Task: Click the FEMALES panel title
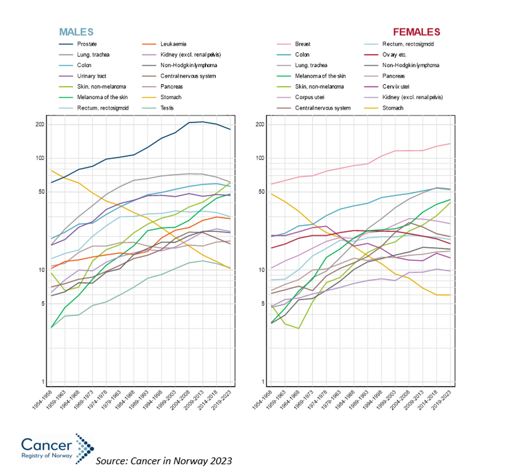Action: point(416,32)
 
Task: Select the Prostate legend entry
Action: point(86,44)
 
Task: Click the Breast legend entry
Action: point(302,44)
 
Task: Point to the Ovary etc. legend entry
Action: point(394,55)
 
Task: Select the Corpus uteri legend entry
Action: point(310,98)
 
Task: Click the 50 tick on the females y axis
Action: point(260,192)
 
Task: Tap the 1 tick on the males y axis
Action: point(42,381)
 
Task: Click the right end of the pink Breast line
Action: point(450,144)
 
